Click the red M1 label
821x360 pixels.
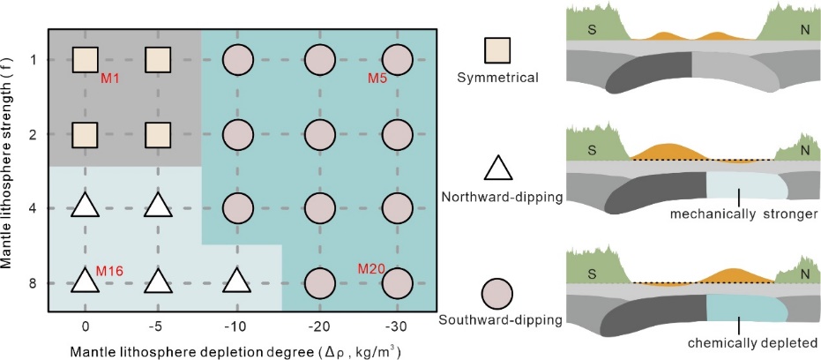[110, 79]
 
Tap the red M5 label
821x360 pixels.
[378, 79]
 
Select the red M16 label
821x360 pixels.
[110, 269]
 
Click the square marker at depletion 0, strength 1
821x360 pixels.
[85, 60]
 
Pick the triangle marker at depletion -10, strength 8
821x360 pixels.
[236, 281]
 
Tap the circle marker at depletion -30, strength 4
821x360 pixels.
[398, 209]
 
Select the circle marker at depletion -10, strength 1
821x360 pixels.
[236, 60]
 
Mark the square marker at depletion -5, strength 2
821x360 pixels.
[158, 135]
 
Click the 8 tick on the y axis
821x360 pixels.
[32, 283]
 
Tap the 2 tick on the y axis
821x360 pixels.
[32, 135]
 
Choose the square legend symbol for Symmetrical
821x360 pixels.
[498, 50]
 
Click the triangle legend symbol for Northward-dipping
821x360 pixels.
[499, 169]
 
